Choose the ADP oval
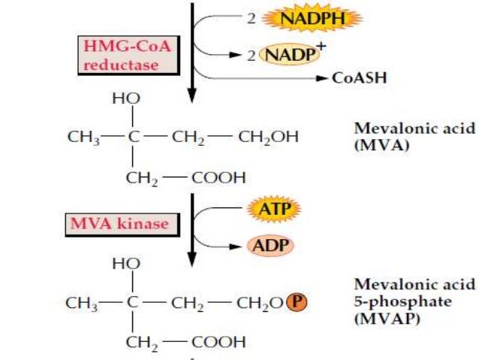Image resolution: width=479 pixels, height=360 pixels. point(270,245)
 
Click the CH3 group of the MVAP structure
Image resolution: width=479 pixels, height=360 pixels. point(80,303)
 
